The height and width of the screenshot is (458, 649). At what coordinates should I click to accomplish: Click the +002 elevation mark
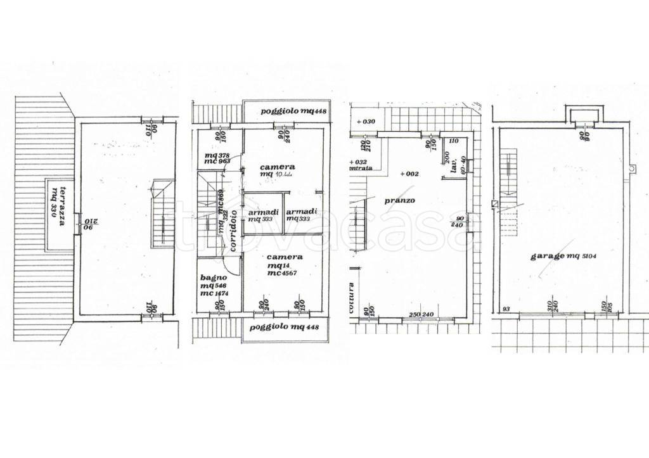pyautogui.click(x=409, y=174)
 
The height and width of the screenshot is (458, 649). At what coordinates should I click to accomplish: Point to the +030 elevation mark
pyautogui.click(x=366, y=122)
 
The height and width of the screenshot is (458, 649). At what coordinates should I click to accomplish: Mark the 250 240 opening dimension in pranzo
pyautogui.click(x=420, y=315)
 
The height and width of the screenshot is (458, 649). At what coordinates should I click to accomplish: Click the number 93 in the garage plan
pyautogui.click(x=506, y=309)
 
